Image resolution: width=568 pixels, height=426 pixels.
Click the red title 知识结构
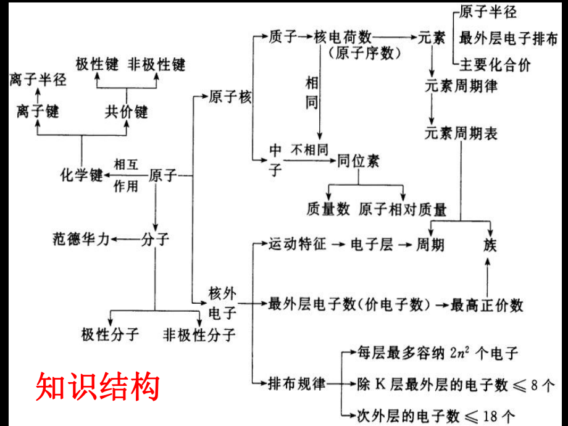[x=98, y=386]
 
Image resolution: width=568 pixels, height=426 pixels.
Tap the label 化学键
[x=81, y=175]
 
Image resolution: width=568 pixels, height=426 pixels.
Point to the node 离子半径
[x=38, y=79]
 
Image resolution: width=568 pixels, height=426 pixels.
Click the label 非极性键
[x=157, y=64]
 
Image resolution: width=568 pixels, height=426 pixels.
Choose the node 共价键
[x=126, y=112]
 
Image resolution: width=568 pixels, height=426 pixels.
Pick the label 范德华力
[x=81, y=239]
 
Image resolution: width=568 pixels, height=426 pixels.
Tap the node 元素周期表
[x=461, y=133]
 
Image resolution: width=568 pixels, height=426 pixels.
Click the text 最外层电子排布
[x=508, y=38]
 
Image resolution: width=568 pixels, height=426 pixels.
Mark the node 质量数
[x=328, y=209]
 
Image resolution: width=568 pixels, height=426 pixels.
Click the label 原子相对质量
[x=403, y=209]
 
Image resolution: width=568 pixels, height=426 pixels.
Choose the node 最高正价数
[x=487, y=304]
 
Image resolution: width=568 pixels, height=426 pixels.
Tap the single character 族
[x=490, y=245]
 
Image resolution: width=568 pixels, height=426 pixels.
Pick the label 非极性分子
[x=199, y=335]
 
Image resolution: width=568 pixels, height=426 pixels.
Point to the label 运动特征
[x=297, y=244]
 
